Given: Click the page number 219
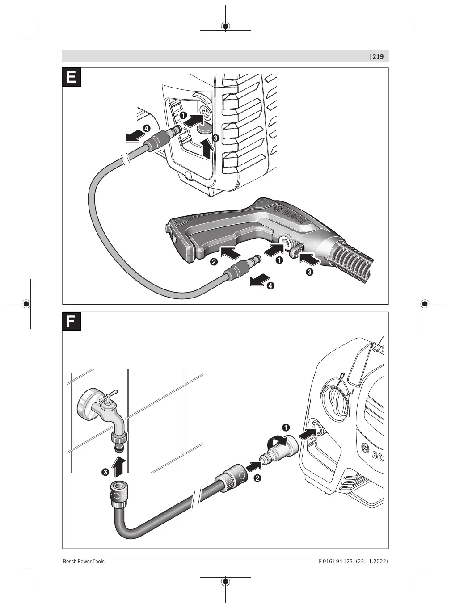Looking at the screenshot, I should coord(378,57).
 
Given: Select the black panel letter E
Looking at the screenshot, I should coord(72,77).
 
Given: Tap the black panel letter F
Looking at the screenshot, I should coord(72,322).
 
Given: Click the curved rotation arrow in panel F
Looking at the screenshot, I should coord(274,441).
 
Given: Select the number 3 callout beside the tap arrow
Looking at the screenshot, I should coord(105,472).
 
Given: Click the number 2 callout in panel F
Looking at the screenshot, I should coord(257,478).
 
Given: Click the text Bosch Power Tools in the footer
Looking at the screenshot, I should coord(84,561).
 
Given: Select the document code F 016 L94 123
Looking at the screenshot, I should coord(329,561).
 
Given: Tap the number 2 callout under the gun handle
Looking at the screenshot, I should coord(214,262).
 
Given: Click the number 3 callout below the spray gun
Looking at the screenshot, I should coord(309,271).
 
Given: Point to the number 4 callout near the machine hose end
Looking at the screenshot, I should coord(146,128).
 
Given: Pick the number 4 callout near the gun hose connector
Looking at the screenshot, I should coord(270,285).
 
